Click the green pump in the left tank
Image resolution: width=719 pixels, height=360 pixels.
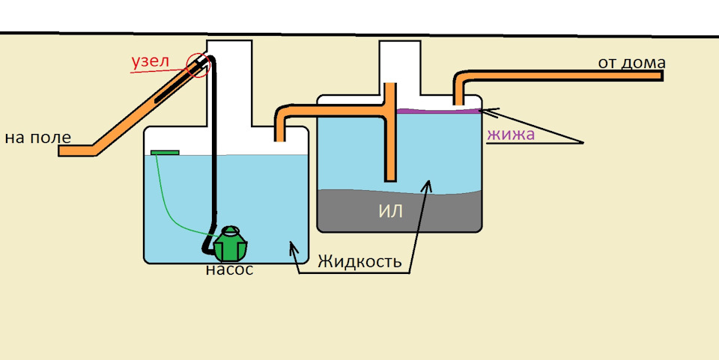click(x=229, y=242)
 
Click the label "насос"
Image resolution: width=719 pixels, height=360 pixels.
click(x=229, y=269)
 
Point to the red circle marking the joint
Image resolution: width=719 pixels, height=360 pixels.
click(x=200, y=64)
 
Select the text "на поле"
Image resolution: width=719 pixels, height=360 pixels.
click(x=37, y=137)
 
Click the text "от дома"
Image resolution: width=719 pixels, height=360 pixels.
click(x=631, y=61)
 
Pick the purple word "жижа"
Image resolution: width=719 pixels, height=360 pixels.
click(x=511, y=135)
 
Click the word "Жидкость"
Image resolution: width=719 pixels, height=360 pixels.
click(x=364, y=262)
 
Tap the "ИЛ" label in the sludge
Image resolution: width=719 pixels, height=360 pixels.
click(x=390, y=211)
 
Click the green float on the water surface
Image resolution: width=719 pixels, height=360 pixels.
click(x=165, y=153)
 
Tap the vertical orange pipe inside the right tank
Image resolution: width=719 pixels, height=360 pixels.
click(x=389, y=142)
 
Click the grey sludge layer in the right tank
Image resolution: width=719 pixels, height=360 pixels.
click(x=434, y=213)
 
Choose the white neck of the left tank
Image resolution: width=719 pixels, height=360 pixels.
click(x=232, y=82)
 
